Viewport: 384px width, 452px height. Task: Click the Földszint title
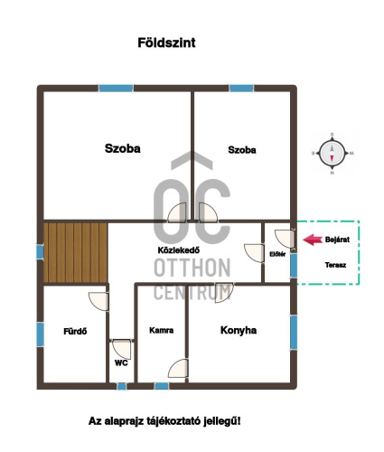pyautogui.click(x=166, y=42)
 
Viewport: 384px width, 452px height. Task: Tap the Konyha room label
pyautogui.click(x=239, y=330)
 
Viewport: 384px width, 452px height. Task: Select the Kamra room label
pyautogui.click(x=162, y=330)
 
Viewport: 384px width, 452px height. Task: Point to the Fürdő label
pyautogui.click(x=75, y=332)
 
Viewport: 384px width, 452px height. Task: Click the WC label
pyautogui.click(x=121, y=363)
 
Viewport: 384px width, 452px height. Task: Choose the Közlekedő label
pyautogui.click(x=179, y=250)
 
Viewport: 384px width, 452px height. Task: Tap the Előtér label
pyautogui.click(x=277, y=254)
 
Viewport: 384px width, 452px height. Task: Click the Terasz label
pyautogui.click(x=335, y=265)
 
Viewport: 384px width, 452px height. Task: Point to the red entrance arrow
pyautogui.click(x=313, y=240)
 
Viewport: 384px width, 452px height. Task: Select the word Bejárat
pyautogui.click(x=337, y=240)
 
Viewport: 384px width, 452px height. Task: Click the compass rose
pyautogui.click(x=332, y=154)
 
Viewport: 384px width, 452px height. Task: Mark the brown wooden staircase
pyautogui.click(x=76, y=252)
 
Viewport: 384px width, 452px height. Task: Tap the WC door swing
pyautogui.click(x=122, y=350)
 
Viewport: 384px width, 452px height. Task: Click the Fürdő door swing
pyautogui.click(x=98, y=301)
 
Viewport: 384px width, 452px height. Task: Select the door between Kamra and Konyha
pyautogui.click(x=178, y=368)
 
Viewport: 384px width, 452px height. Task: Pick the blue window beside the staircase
pyautogui.click(x=40, y=252)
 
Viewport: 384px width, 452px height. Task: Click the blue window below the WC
pyautogui.click(x=122, y=386)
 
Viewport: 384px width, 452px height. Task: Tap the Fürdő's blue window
pyautogui.click(x=40, y=334)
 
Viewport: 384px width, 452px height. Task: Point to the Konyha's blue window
pyautogui.click(x=294, y=333)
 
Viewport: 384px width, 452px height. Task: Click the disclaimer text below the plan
pyautogui.click(x=164, y=421)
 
